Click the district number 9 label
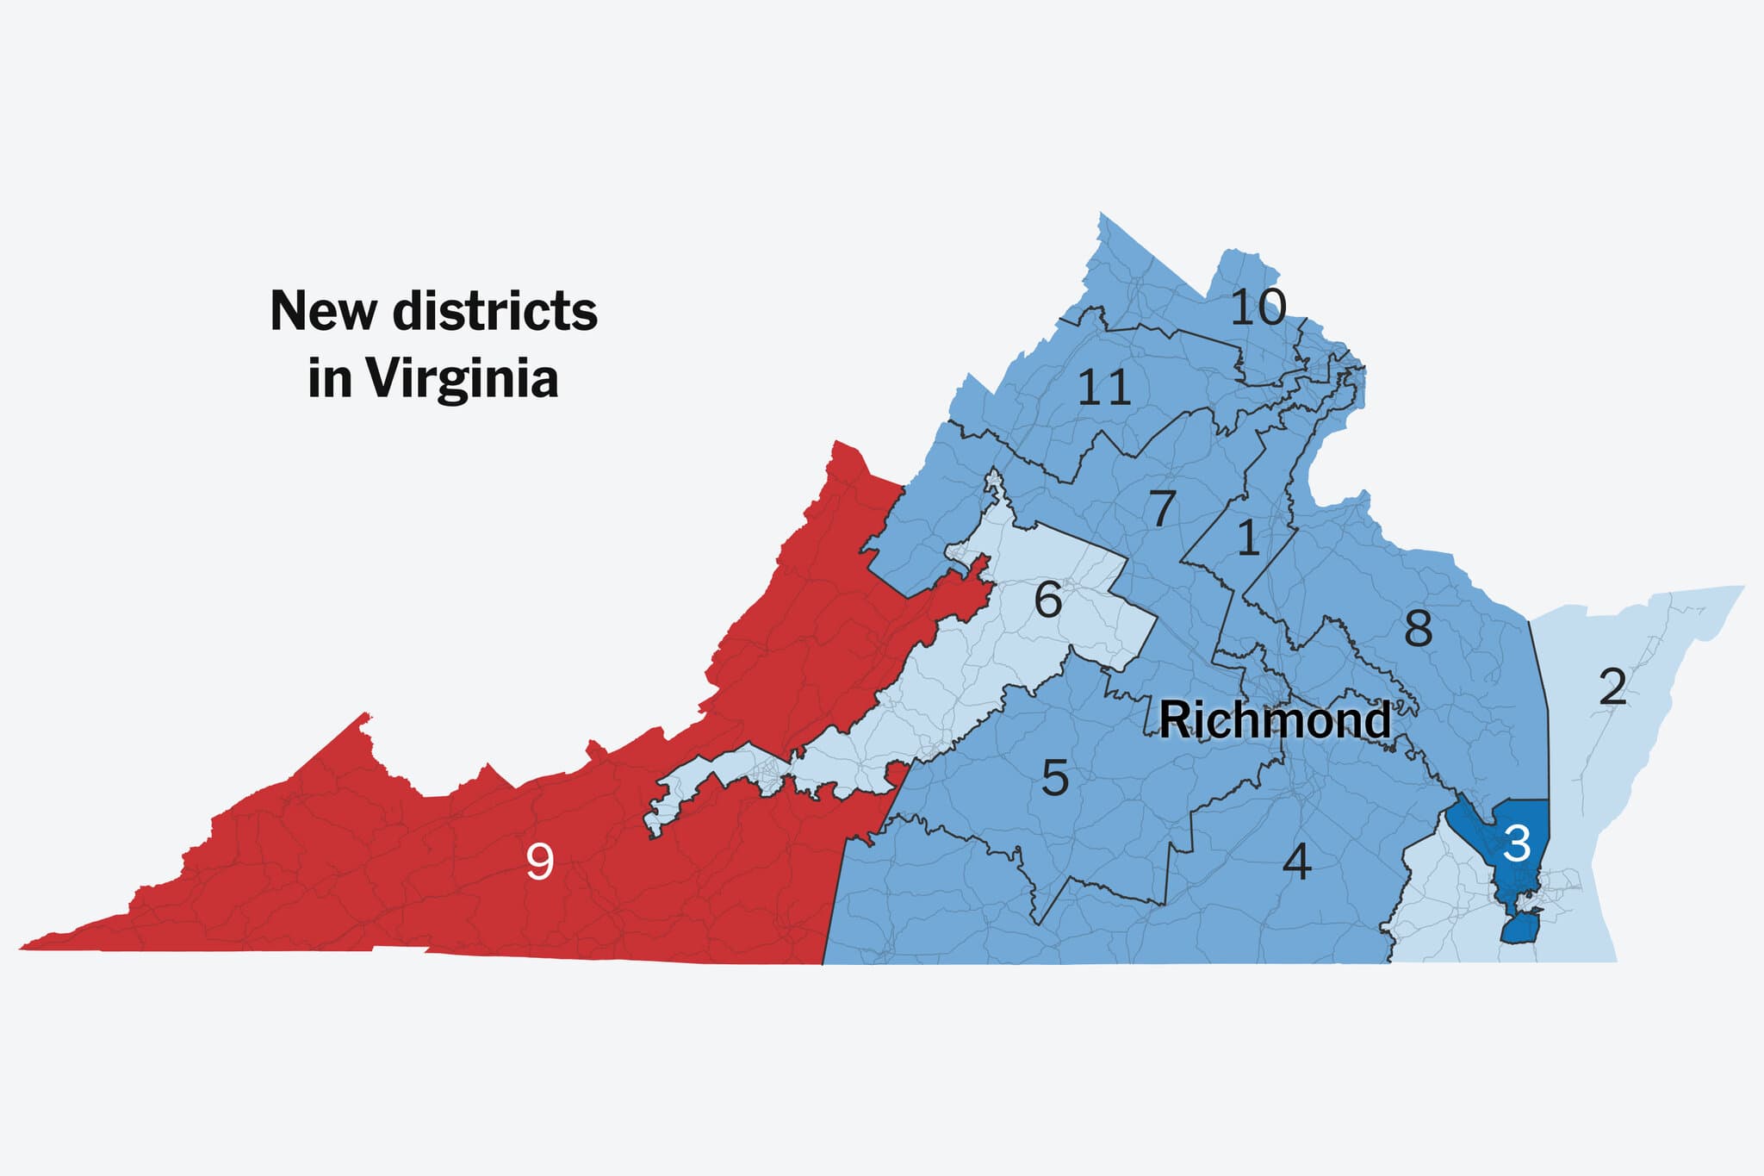point(540,861)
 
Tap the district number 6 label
point(1047,600)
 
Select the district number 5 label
point(1055,778)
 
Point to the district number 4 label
point(1296,862)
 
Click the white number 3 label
point(1517,843)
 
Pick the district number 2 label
point(1612,687)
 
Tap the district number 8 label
point(1418,628)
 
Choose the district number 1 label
point(1248,538)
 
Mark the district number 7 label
point(1163,508)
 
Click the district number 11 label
point(1104,388)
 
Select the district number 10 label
point(1258,308)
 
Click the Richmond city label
point(1275,720)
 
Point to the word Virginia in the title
point(462,379)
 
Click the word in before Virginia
point(330,379)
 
